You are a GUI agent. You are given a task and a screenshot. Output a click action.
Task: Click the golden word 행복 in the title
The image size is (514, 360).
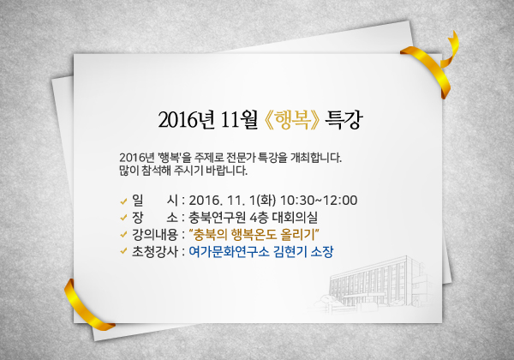tap(292, 120)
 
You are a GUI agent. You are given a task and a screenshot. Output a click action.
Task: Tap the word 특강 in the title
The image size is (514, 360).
tap(344, 120)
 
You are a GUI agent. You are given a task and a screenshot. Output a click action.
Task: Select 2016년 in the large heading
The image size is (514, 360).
tap(186, 120)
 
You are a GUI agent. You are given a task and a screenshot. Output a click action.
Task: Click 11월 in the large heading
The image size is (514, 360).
tap(239, 120)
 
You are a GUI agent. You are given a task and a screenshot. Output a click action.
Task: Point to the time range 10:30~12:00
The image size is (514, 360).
tap(319, 201)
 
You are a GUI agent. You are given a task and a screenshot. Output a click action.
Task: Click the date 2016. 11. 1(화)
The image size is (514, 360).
tap(232, 201)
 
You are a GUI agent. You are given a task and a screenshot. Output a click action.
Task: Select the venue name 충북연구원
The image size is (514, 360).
tap(217, 218)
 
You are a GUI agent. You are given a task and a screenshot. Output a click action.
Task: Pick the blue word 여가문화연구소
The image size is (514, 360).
tap(229, 252)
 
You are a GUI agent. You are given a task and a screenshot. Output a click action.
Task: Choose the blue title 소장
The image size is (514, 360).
tap(322, 252)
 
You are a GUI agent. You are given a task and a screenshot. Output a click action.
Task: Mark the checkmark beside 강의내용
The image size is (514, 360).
tap(123, 235)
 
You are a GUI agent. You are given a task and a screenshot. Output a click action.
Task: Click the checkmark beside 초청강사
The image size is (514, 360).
tap(123, 251)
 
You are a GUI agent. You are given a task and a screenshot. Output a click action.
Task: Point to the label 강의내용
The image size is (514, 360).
tap(155, 235)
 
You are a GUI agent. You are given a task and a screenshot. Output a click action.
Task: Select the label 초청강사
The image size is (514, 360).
tap(155, 252)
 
